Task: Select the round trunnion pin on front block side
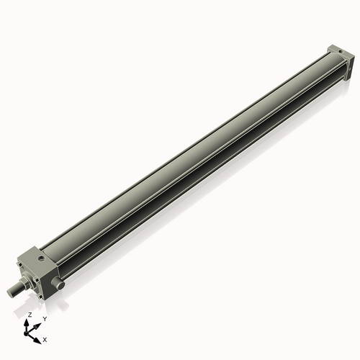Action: [60, 284]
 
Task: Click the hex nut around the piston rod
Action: [27, 283]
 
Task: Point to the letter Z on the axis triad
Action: [29, 315]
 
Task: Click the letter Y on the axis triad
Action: [44, 318]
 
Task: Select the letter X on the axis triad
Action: [45, 338]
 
